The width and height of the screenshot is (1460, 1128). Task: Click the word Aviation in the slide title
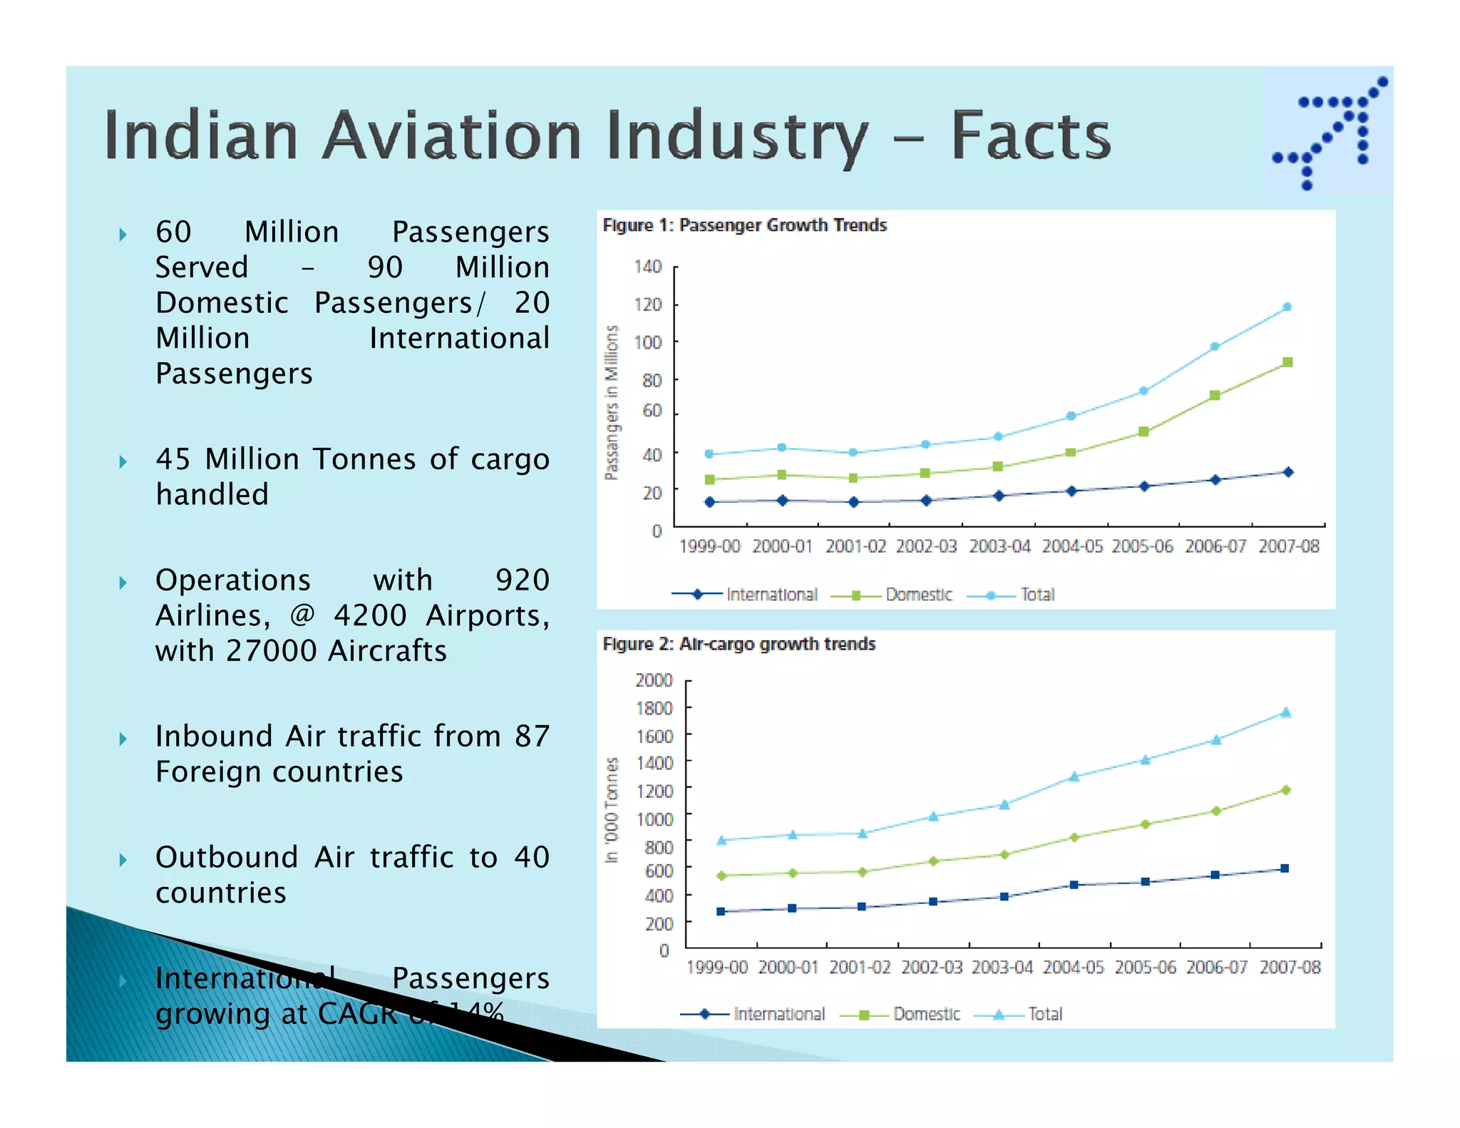pyautogui.click(x=452, y=135)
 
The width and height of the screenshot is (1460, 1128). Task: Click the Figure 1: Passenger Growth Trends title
pyautogui.click(x=744, y=225)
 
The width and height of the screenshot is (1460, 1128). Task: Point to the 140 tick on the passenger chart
pyautogui.click(x=647, y=267)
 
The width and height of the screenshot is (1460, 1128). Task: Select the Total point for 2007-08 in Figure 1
pyautogui.click(x=1287, y=307)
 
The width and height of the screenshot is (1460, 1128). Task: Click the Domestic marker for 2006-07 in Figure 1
pyautogui.click(x=1215, y=395)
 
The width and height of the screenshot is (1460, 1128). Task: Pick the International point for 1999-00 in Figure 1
pyautogui.click(x=709, y=502)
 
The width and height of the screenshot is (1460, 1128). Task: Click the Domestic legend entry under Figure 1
pyautogui.click(x=918, y=595)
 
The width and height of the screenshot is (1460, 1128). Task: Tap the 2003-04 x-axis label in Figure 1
pyautogui.click(x=999, y=547)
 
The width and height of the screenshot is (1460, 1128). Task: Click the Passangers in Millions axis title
pyautogui.click(x=612, y=402)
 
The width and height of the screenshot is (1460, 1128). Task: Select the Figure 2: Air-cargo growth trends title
pyautogui.click(x=739, y=645)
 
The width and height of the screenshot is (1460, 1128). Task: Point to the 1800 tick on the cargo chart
pyautogui.click(x=654, y=708)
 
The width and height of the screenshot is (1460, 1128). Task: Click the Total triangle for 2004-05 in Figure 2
pyautogui.click(x=1074, y=776)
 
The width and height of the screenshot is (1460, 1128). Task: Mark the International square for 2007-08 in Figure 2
pyautogui.click(x=1285, y=868)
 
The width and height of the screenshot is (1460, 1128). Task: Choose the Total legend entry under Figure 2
pyautogui.click(x=1044, y=1014)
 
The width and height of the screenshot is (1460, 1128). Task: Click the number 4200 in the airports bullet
pyautogui.click(x=370, y=615)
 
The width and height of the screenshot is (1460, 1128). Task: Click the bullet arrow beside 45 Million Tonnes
pyautogui.click(x=123, y=461)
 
